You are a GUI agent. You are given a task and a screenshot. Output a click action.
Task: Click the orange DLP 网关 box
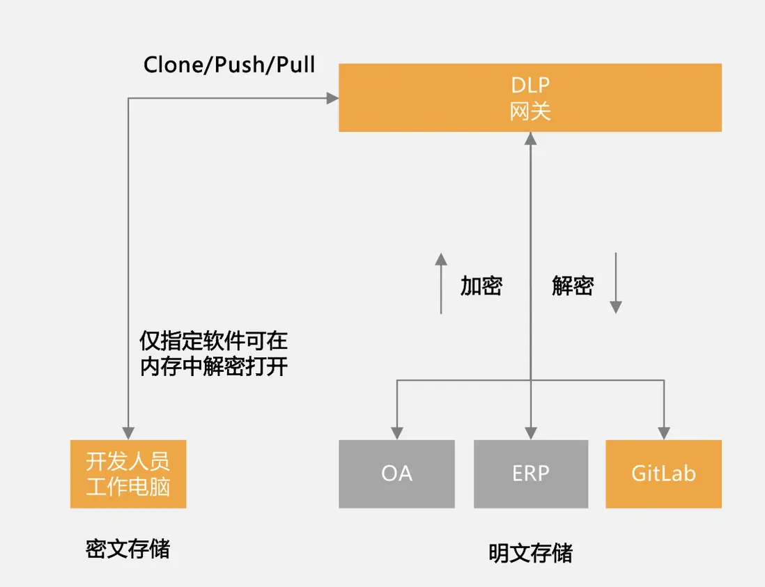tap(530, 97)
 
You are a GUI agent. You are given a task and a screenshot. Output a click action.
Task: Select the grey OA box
tap(396, 473)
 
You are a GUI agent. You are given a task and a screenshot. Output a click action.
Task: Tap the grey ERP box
tap(531, 473)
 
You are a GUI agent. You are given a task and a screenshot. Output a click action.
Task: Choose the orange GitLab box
tap(663, 473)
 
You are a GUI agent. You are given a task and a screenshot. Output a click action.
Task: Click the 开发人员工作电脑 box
tap(128, 473)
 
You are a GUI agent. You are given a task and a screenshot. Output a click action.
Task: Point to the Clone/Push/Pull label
tap(229, 65)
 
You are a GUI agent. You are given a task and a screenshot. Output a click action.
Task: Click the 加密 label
tap(481, 285)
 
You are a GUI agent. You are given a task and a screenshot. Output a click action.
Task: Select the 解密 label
tap(573, 285)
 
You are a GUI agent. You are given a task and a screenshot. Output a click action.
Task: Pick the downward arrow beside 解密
tap(615, 307)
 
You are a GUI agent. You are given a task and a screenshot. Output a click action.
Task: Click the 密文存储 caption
tap(127, 549)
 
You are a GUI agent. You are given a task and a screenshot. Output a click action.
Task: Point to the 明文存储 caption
tap(530, 554)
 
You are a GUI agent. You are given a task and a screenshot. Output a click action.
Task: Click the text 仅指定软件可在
tap(214, 341)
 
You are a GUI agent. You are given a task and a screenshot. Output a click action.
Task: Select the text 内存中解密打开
tap(214, 366)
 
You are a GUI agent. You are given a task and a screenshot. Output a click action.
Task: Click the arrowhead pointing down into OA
tap(396, 433)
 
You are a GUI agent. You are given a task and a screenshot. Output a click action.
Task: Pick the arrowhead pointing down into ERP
tap(531, 433)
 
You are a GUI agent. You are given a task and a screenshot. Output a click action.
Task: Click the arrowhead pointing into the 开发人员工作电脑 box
tap(128, 433)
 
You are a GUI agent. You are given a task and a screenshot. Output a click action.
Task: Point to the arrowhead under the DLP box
tap(531, 139)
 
